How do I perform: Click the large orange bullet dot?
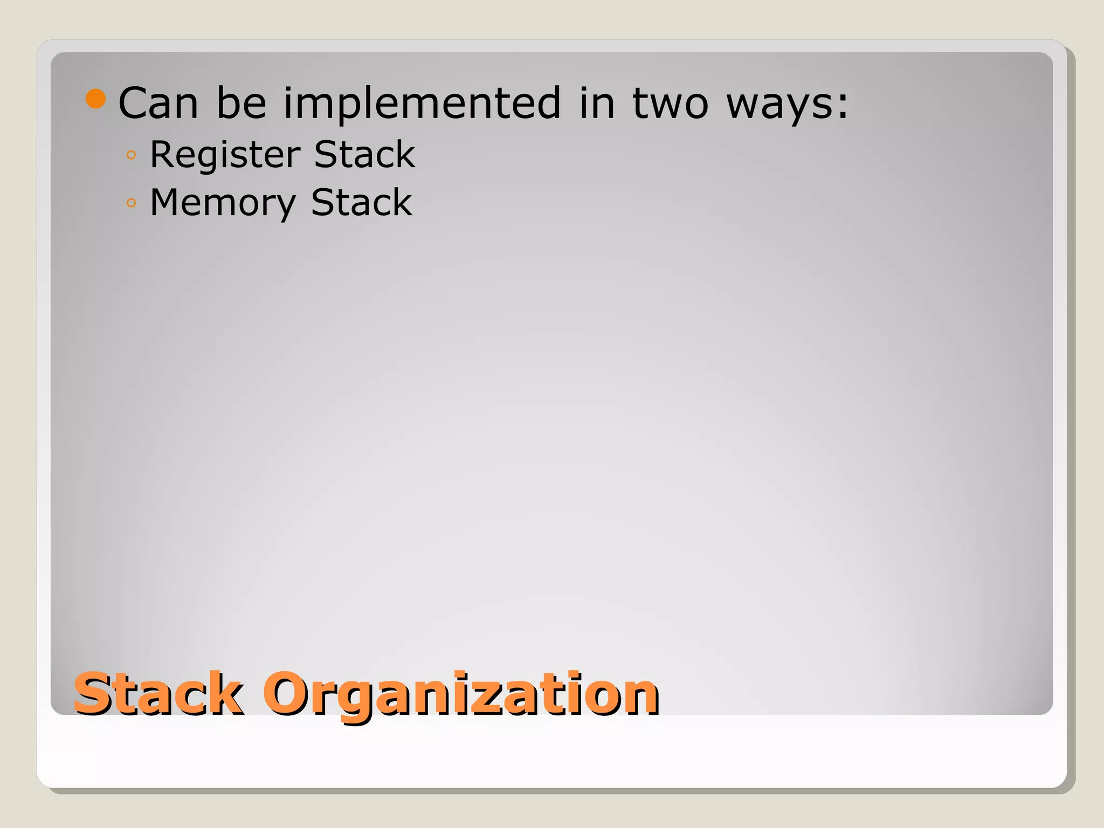pyautogui.click(x=96, y=99)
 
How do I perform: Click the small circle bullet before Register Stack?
pyautogui.click(x=131, y=155)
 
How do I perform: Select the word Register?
pyautogui.click(x=225, y=155)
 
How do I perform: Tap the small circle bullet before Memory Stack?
pyautogui.click(x=131, y=203)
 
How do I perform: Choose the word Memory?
pyautogui.click(x=223, y=203)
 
